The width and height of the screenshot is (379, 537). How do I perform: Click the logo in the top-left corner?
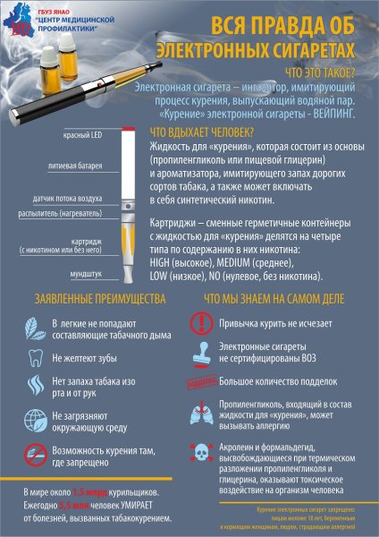(x=17, y=20)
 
